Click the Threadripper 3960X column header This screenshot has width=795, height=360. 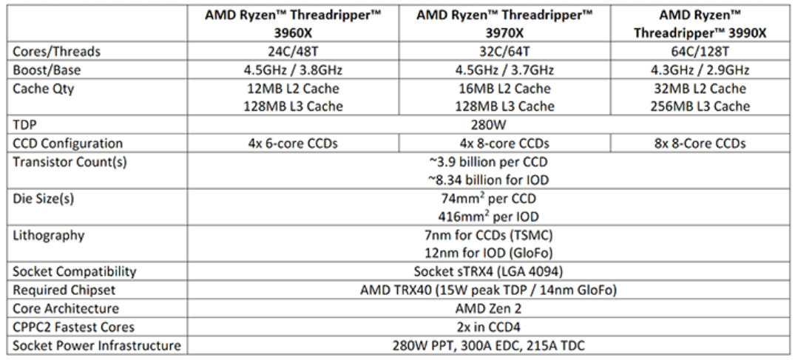point(293,24)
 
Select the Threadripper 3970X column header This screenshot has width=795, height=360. point(504,24)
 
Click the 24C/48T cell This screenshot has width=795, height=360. point(293,52)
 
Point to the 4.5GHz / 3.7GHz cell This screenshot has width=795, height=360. point(504,70)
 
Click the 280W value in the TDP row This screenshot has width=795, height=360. point(488,125)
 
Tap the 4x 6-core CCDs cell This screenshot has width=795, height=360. point(293,143)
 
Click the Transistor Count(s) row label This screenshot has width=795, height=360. point(70,162)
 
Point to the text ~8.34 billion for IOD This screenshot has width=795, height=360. point(488,180)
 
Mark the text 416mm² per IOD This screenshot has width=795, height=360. point(488,216)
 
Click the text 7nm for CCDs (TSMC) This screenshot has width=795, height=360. point(488,235)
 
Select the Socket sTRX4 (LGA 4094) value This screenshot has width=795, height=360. point(488,272)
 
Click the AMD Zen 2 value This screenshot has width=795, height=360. point(488,308)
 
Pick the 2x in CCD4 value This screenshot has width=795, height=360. point(488,327)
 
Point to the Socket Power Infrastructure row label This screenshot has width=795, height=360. point(96,346)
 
